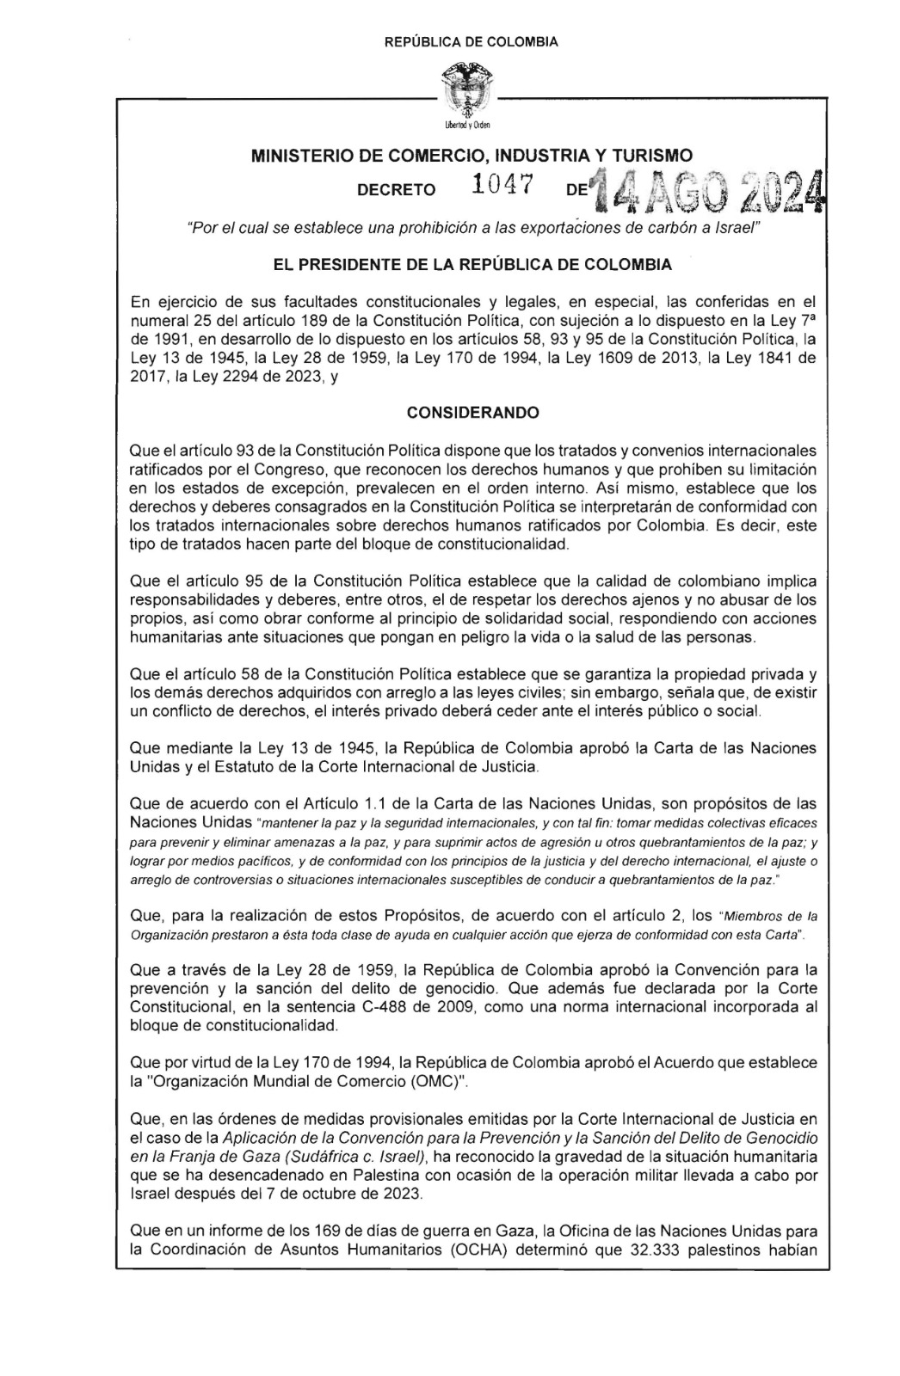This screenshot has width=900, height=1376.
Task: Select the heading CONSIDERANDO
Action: [x=472, y=413]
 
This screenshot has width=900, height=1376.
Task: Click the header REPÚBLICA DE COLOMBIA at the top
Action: [x=472, y=41]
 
